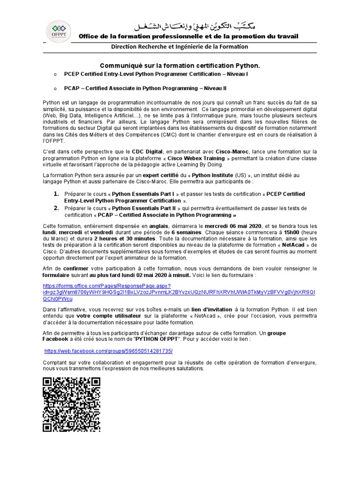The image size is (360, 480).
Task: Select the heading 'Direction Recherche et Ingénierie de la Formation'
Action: pos(180,47)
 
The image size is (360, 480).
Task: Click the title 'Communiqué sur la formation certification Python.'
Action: pos(180,66)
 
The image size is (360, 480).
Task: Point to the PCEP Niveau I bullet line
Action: pos(156,75)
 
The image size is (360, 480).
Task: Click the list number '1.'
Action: pos(55,194)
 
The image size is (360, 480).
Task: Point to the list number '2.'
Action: pos(55,208)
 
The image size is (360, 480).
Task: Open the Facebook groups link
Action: pos(108,351)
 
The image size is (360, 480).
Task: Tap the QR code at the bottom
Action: pos(71,404)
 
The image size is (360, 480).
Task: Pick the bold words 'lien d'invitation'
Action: pos(211,310)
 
